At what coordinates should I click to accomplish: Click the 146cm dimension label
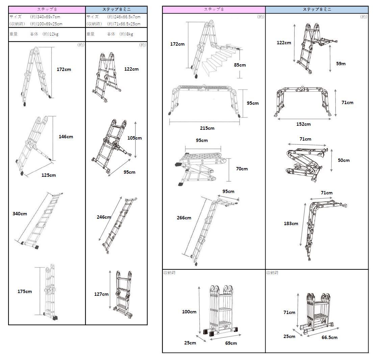[66, 137]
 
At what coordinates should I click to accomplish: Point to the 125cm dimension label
[49, 175]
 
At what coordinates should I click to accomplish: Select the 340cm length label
[20, 214]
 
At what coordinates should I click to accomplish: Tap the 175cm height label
[25, 291]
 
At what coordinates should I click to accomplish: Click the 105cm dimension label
[134, 138]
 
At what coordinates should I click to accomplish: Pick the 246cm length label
[104, 217]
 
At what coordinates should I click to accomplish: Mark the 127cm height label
[101, 294]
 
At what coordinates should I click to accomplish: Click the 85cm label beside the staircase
[240, 65]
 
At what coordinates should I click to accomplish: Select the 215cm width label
[207, 128]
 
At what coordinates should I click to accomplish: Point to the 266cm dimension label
[184, 218]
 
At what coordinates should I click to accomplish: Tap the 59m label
[341, 64]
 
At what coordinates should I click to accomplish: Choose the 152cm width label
[303, 124]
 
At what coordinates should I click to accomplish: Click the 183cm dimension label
[291, 223]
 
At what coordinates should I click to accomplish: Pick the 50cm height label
[344, 160]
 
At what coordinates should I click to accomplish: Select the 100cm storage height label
[189, 312]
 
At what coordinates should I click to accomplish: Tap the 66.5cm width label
[329, 337]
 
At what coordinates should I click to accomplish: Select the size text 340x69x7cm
[45, 17]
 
